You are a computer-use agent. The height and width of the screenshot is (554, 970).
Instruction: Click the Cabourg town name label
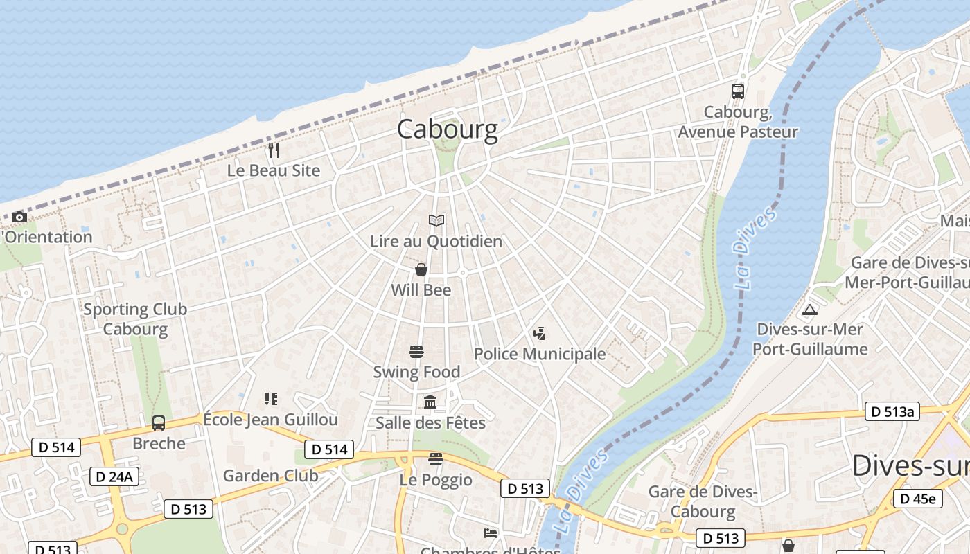(447, 129)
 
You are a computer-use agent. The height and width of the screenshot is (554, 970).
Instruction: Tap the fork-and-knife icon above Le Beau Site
(274, 150)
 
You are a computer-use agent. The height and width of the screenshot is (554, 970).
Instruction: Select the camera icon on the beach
(19, 217)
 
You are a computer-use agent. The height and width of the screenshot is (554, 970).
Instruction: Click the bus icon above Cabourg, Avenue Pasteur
(738, 91)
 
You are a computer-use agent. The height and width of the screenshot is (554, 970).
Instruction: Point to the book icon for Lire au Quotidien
(436, 221)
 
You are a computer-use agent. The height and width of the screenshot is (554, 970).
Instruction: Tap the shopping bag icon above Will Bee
(421, 269)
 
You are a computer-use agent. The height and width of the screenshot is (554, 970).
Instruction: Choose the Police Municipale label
(540, 354)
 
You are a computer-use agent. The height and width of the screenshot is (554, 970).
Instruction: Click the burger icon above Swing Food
(416, 352)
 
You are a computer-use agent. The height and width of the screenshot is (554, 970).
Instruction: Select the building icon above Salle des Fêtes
(430, 402)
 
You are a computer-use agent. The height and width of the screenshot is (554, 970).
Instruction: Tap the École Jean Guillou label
(270, 420)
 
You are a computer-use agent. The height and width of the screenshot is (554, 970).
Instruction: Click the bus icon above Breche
(159, 423)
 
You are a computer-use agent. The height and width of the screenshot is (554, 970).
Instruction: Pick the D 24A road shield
(114, 476)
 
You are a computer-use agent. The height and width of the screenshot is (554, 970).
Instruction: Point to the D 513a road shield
(892, 412)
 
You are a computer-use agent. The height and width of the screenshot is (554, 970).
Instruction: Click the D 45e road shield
(917, 499)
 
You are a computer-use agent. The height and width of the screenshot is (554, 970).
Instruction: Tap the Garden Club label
(270, 476)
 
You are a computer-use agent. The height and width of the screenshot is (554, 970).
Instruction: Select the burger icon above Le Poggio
(435, 458)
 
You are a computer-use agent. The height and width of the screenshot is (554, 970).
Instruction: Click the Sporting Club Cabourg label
(135, 319)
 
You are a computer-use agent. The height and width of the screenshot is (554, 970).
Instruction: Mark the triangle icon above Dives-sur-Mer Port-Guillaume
(809, 310)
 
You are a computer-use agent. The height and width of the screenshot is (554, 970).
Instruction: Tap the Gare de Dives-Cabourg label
(703, 501)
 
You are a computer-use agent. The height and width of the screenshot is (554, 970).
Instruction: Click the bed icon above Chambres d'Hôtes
(491, 533)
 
